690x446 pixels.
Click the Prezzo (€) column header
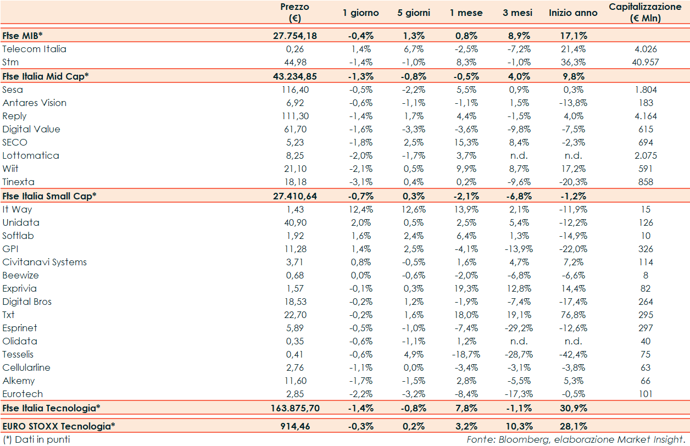coord(294,13)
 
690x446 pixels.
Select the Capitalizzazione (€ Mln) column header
coord(645,13)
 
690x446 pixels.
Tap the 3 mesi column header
coord(517,13)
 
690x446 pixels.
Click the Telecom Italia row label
coord(34,49)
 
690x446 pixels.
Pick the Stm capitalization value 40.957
coord(646,62)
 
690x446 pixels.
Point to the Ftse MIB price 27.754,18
coord(295,36)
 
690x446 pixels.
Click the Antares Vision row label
coord(34,103)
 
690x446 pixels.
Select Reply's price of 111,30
coord(295,116)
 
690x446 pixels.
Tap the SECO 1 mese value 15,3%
coord(466,142)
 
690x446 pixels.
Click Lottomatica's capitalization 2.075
coord(646,155)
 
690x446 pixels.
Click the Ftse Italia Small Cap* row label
coord(49,196)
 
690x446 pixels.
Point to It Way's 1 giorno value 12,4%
coord(361,209)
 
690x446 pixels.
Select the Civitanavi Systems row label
coord(44,262)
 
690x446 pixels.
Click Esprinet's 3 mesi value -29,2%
coord(517,328)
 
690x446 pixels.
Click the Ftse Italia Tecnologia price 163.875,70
coord(295,408)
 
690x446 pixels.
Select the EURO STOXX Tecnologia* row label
coord(59,426)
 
